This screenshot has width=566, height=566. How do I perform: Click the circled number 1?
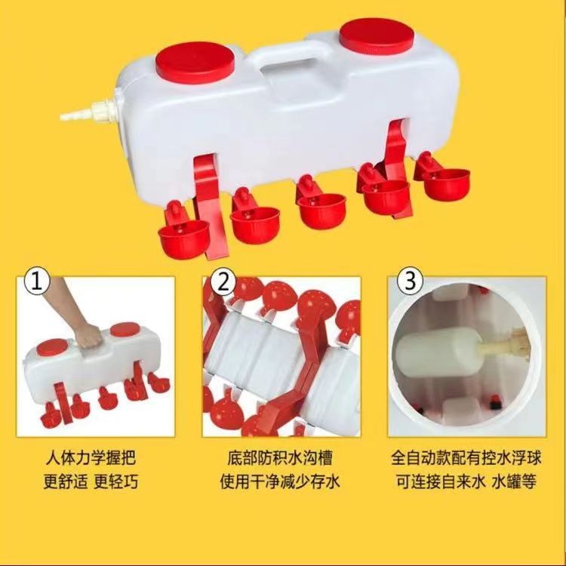tap(38, 281)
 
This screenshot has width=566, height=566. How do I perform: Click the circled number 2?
tap(223, 281)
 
